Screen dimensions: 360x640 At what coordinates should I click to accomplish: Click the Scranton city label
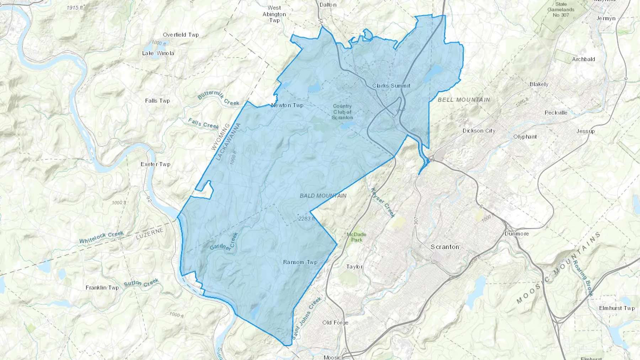coord(444,247)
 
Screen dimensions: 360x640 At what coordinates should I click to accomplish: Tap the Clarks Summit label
coord(391,86)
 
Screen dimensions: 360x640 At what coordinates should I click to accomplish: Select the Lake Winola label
coord(158,53)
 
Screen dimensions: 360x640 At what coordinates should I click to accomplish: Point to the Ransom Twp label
coord(300,262)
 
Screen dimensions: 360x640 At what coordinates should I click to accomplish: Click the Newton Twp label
coord(287,105)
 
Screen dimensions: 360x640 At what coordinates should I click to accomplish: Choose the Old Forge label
coord(335,323)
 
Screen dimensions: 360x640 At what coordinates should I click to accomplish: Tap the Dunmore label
coord(517,234)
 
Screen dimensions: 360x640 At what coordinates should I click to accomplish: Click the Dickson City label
coord(479,131)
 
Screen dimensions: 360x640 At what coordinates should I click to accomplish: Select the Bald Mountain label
coord(323,196)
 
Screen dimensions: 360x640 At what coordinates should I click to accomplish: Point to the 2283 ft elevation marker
coord(306,219)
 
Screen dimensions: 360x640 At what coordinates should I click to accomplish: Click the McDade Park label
coord(356,237)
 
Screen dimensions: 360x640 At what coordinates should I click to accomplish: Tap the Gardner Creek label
coord(224,242)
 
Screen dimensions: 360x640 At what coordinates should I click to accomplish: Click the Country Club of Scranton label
coord(342,112)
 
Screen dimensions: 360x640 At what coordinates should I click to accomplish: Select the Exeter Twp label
coord(155,164)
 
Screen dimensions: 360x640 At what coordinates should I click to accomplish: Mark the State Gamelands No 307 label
coord(561,10)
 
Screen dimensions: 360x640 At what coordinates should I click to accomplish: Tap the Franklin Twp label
coord(102,288)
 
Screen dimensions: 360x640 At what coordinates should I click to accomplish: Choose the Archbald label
coord(583,59)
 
